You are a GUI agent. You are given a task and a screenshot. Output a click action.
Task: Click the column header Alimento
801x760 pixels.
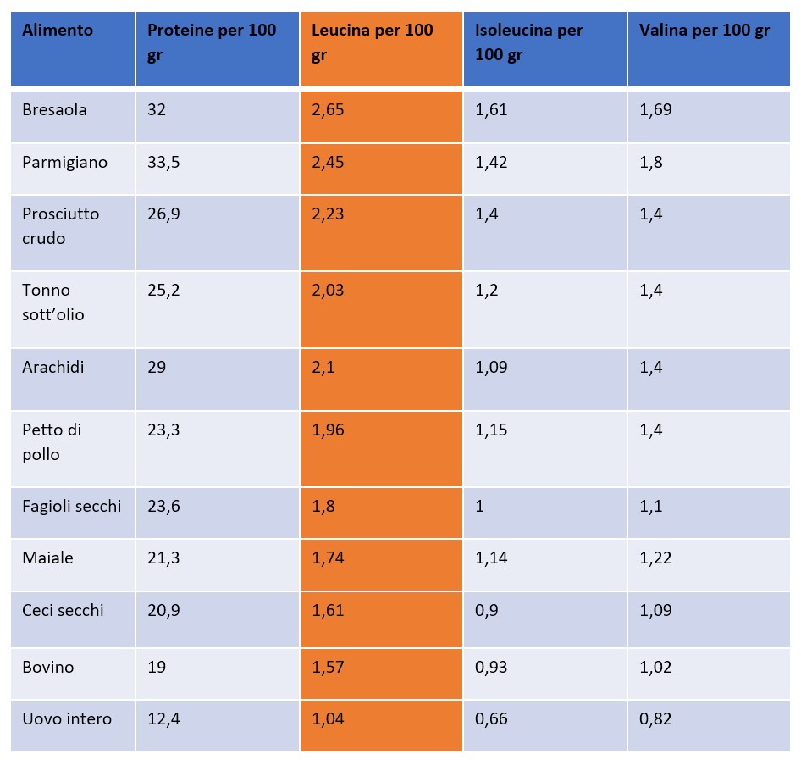(x=58, y=31)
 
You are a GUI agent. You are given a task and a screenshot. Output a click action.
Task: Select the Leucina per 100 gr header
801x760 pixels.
(x=372, y=42)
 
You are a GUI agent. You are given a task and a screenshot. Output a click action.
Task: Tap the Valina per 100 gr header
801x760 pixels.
(x=704, y=31)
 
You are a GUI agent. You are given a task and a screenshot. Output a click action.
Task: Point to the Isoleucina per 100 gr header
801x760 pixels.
(x=528, y=42)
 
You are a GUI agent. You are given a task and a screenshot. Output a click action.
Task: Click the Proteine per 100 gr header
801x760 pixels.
(x=212, y=42)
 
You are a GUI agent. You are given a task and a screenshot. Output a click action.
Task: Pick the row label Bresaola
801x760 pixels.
(x=54, y=110)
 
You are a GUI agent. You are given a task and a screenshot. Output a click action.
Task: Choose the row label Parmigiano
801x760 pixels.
(x=64, y=163)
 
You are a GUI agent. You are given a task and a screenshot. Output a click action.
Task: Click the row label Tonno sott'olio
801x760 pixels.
(x=53, y=302)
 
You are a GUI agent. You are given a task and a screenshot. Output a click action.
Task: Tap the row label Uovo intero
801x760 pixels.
(x=67, y=719)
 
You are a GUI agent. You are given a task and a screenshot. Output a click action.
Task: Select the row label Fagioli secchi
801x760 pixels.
(x=72, y=507)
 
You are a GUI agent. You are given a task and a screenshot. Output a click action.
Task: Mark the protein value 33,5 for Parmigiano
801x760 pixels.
(x=163, y=163)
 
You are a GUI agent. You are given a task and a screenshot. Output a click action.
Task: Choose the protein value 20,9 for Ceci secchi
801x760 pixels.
(x=163, y=610)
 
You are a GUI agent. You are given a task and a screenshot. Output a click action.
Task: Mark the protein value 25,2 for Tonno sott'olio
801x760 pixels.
(x=163, y=291)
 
